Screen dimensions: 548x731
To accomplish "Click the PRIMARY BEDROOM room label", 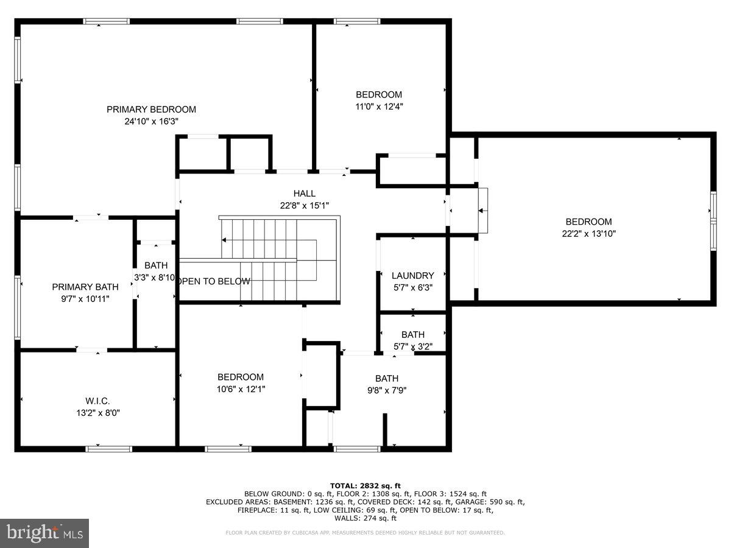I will pyautogui.click(x=151, y=110).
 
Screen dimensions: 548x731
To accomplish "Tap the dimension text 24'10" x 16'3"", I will pyautogui.click(x=151, y=121).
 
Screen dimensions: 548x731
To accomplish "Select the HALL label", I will pyautogui.click(x=304, y=194).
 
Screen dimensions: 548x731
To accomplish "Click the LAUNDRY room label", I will pyautogui.click(x=412, y=276).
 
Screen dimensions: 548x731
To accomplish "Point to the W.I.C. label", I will pyautogui.click(x=97, y=401).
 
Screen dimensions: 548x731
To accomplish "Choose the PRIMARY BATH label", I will pyautogui.click(x=80, y=287).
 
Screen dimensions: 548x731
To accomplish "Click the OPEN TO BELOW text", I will pyautogui.click(x=213, y=281).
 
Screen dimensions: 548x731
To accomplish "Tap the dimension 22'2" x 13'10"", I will pyautogui.click(x=588, y=233).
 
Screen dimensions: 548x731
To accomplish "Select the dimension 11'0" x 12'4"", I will pyautogui.click(x=379, y=106).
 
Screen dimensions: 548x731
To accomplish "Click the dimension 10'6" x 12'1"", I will pyautogui.click(x=241, y=388).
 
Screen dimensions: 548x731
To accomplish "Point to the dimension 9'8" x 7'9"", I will pyautogui.click(x=386, y=390).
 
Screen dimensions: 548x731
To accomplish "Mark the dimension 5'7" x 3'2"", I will pyautogui.click(x=412, y=346).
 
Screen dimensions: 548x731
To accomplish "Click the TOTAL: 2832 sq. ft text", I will pyautogui.click(x=365, y=485).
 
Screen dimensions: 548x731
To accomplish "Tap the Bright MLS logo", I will pyautogui.click(x=45, y=533).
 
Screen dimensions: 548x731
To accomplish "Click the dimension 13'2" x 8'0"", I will pyautogui.click(x=97, y=412).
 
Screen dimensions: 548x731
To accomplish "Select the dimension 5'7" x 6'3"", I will pyautogui.click(x=412, y=287).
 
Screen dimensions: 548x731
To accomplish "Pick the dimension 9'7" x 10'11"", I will pyautogui.click(x=80, y=299).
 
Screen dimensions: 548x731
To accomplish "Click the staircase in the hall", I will pyautogui.click(x=277, y=259).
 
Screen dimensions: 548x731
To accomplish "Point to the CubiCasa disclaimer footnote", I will pyautogui.click(x=365, y=533).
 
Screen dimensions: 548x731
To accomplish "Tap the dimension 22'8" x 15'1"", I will pyautogui.click(x=304, y=205).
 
